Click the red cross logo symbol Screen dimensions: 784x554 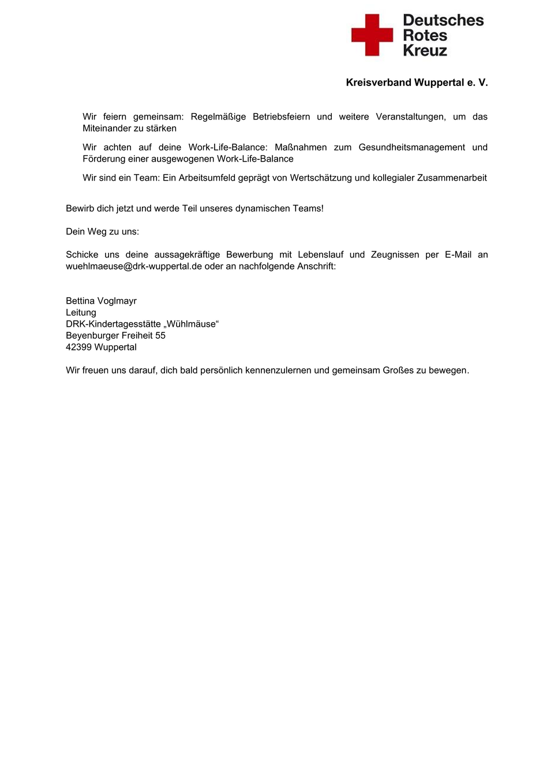[372, 35]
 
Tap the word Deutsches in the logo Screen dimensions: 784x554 [443, 20]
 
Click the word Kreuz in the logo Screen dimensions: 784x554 [425, 51]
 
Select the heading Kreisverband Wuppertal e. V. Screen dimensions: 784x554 [417, 83]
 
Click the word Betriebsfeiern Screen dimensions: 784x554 [281, 117]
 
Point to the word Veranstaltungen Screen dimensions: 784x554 [410, 117]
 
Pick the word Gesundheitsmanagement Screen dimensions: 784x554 [411, 147]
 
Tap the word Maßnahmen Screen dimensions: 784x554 [301, 147]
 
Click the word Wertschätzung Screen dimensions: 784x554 [321, 178]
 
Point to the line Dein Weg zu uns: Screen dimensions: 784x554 [102, 232]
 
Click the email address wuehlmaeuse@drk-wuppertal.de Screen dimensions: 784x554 [134, 266]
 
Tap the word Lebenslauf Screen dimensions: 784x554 [320, 255]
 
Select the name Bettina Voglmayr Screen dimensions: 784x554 [101, 301]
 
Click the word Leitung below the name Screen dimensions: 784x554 [81, 312]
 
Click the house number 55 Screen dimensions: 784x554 [160, 335]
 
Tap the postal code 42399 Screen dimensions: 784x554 [78, 347]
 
